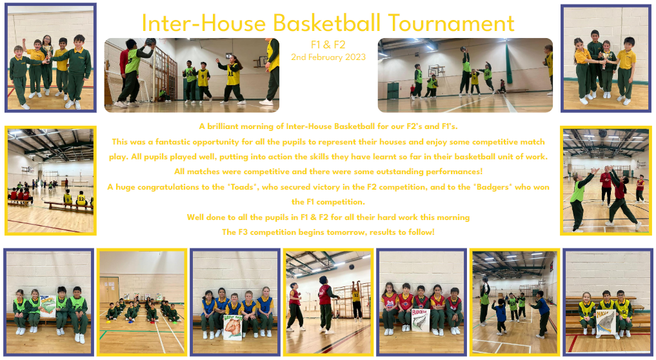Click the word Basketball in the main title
point(326,23)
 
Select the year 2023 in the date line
point(355,57)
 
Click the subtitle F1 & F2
point(328,45)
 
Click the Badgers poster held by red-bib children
point(421,320)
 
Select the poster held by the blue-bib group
point(233,327)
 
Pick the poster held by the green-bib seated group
point(48,306)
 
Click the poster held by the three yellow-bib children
point(605,323)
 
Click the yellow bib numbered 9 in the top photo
point(203,78)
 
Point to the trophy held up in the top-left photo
point(50,51)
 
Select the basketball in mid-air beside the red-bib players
point(352,266)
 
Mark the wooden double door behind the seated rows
point(109,290)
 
